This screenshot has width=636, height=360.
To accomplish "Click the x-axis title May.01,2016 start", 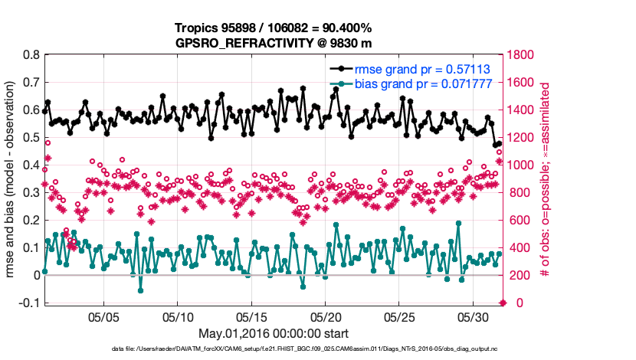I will point(274,333).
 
